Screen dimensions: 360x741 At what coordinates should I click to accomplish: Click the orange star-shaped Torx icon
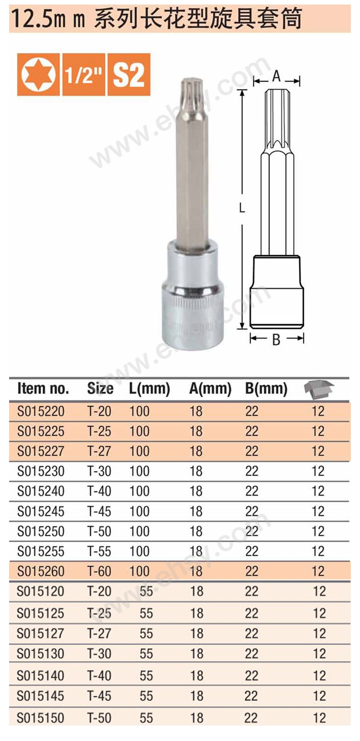pyautogui.click(x=38, y=74)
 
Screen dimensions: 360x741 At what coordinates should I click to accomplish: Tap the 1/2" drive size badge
pyautogui.click(x=84, y=74)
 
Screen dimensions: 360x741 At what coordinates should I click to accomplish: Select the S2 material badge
pyautogui.click(x=129, y=74)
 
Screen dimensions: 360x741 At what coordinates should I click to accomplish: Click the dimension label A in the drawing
pyautogui.click(x=276, y=77)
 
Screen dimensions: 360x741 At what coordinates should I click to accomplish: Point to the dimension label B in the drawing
pyautogui.click(x=276, y=339)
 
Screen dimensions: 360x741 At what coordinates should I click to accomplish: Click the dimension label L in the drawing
pyautogui.click(x=242, y=208)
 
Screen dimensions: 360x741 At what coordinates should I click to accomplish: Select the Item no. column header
pyautogui.click(x=43, y=389)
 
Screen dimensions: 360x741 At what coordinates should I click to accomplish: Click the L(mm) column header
pyautogui.click(x=149, y=389)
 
